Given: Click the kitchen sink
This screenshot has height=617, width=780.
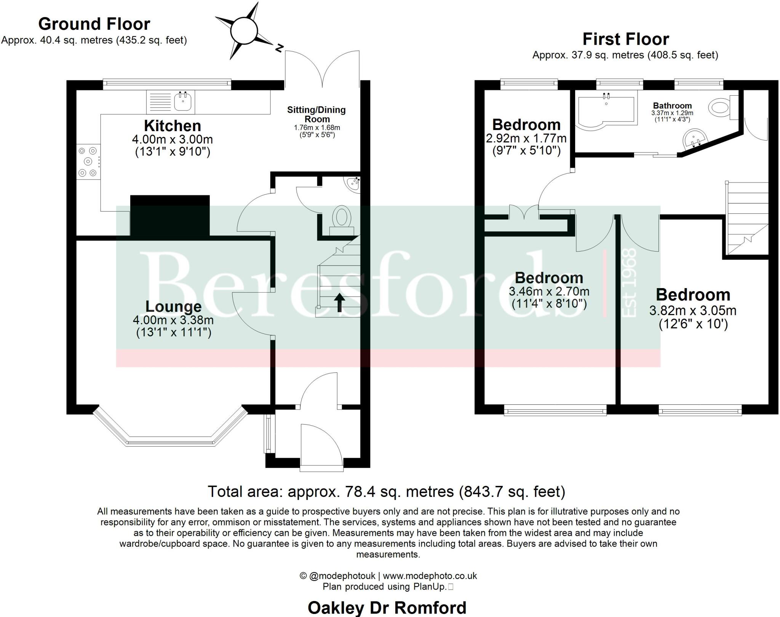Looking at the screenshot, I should pyautogui.click(x=182, y=101).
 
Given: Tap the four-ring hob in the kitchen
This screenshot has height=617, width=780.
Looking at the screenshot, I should pyautogui.click(x=88, y=162).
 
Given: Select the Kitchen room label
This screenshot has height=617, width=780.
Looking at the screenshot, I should pyautogui.click(x=173, y=126).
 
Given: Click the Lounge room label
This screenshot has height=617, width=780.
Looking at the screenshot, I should pyautogui.click(x=173, y=306).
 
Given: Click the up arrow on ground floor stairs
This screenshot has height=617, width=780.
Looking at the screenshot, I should pyautogui.click(x=339, y=302).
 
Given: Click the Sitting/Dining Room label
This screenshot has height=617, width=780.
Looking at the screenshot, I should pyautogui.click(x=316, y=114).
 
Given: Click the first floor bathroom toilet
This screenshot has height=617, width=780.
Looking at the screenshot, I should pyautogui.click(x=721, y=107).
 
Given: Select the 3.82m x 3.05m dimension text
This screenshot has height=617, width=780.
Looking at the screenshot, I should pyautogui.click(x=692, y=311).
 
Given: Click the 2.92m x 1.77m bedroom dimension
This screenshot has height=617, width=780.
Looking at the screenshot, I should pyautogui.click(x=526, y=138).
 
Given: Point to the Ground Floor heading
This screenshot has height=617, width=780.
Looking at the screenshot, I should pyautogui.click(x=94, y=24).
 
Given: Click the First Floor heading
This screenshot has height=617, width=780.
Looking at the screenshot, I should pyautogui.click(x=625, y=39).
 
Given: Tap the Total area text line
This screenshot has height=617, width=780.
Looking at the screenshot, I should pyautogui.click(x=386, y=492).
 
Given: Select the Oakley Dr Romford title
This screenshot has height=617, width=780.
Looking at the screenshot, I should pyautogui.click(x=387, y=607).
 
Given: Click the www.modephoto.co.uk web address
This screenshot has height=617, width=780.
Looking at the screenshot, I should pyautogui.click(x=430, y=576).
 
